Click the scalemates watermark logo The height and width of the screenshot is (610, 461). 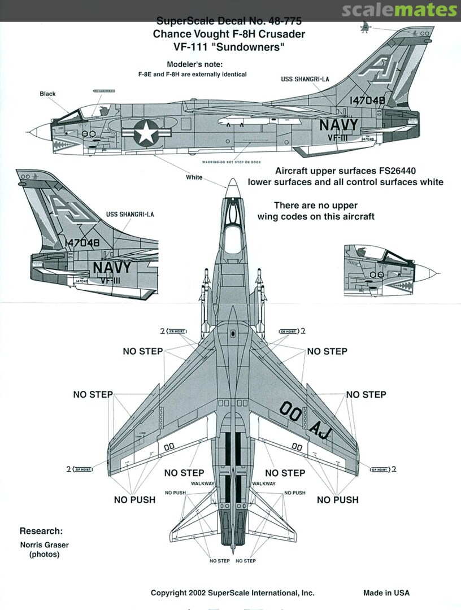tap(415, 10)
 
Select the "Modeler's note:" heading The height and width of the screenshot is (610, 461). tap(194, 64)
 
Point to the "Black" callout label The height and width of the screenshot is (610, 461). tap(47, 94)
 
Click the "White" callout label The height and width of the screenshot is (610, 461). tap(194, 177)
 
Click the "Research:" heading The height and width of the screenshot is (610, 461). tap(41, 531)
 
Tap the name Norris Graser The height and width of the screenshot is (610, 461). tap(44, 545)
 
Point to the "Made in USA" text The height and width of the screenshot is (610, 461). tap(386, 592)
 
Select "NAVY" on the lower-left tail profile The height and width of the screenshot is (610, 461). tap(111, 267)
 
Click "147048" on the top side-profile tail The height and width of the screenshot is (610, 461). tap(367, 100)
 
